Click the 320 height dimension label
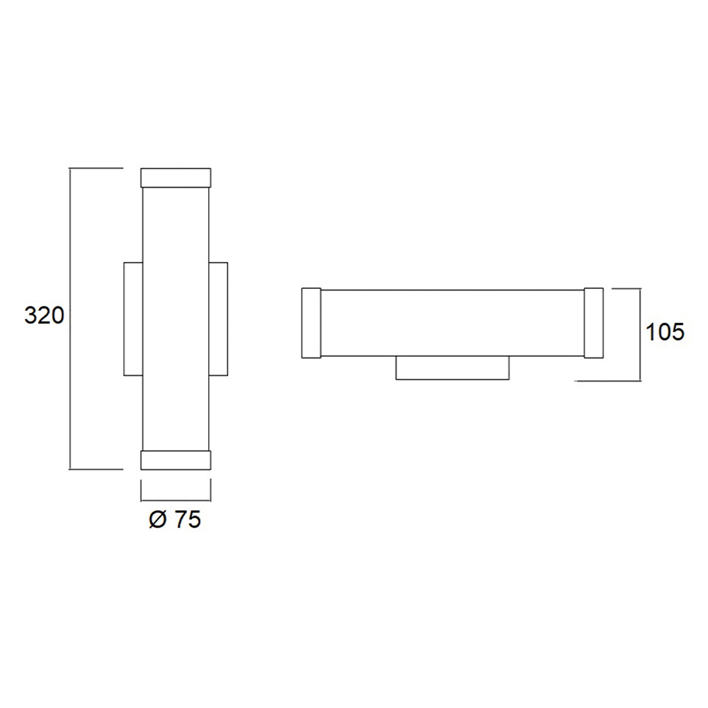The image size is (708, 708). [44, 316]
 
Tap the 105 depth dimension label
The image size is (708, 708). [665, 332]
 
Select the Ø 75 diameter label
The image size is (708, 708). [175, 520]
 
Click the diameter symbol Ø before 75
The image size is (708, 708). [158, 520]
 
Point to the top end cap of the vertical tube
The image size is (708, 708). [176, 178]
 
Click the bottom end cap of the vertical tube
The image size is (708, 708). [176, 459]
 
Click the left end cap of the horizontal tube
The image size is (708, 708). [311, 323]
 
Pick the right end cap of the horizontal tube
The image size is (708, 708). [594, 323]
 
